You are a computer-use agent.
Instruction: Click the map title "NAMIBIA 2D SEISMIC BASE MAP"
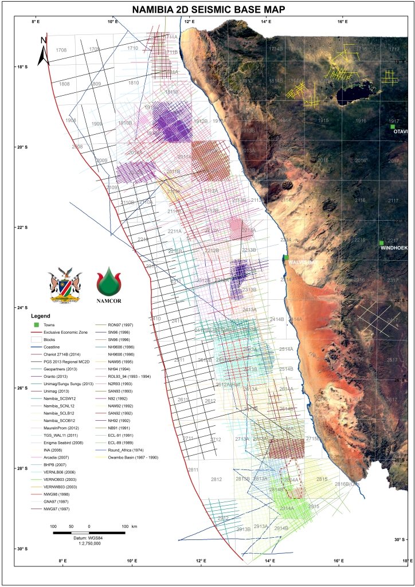pyautogui.click(x=207, y=9)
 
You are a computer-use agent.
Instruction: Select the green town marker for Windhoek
pyautogui.click(x=381, y=243)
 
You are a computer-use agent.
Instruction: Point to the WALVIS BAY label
pyautogui.click(x=302, y=262)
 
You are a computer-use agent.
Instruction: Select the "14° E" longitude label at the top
pyautogui.click(x=266, y=21)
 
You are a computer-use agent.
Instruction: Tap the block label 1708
pyautogui.click(x=62, y=50)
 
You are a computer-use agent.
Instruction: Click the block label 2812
pyautogui.click(x=216, y=479)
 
